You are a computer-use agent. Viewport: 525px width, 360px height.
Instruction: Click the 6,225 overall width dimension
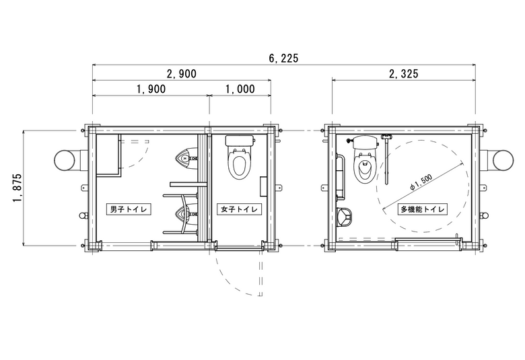[x=283, y=59]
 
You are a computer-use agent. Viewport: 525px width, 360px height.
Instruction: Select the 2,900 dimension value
[x=182, y=73]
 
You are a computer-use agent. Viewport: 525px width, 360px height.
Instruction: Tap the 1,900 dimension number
[x=151, y=89]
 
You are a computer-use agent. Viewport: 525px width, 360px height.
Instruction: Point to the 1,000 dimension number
[x=240, y=89]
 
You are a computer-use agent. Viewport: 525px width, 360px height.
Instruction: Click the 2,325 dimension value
[x=403, y=73]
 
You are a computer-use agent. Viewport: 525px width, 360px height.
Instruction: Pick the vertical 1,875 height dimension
[x=17, y=188]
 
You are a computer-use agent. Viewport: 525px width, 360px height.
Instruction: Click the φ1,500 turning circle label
[x=421, y=182]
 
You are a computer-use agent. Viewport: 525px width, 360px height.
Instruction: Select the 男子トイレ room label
[x=129, y=209]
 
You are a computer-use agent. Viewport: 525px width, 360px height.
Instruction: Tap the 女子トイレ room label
[x=240, y=209]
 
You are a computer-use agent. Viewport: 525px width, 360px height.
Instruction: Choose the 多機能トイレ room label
[x=423, y=209]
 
